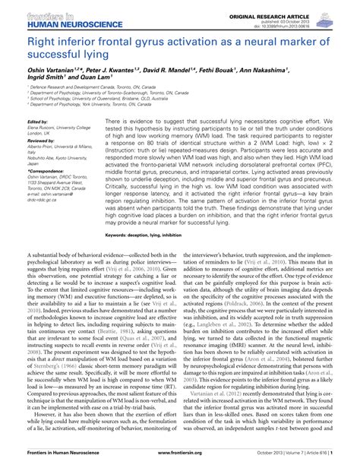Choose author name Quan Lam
tap(104, 77)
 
